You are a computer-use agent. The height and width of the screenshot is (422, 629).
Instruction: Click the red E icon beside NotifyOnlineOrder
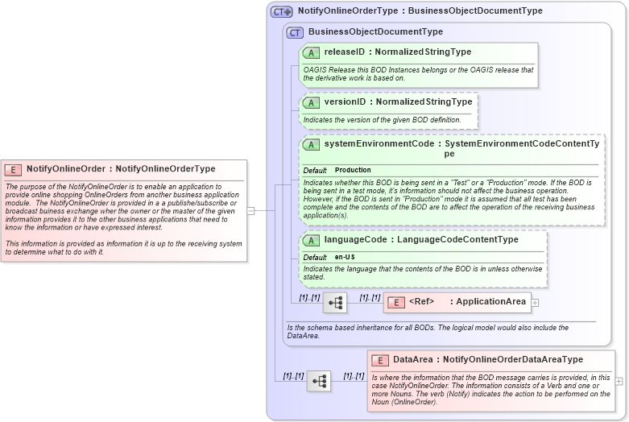pos(13,169)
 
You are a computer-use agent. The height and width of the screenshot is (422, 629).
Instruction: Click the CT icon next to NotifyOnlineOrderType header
pos(281,11)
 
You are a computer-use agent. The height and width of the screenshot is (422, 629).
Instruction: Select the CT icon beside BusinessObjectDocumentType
pos(295,32)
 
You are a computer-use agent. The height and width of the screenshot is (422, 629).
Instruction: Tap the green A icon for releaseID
pos(311,52)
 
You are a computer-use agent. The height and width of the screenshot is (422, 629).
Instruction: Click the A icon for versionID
pos(311,102)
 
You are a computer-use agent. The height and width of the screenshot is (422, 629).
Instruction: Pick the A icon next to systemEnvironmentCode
pos(311,144)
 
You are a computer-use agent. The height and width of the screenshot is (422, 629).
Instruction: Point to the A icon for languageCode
pos(311,240)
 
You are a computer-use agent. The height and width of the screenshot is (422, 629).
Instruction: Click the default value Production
pos(353,171)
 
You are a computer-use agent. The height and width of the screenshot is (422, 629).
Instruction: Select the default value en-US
pos(346,257)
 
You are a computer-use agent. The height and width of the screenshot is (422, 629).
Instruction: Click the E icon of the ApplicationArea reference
pos(395,303)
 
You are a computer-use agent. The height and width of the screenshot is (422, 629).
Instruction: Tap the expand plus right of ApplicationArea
pos(535,303)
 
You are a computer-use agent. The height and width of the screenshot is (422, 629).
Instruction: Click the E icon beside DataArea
pos(380,360)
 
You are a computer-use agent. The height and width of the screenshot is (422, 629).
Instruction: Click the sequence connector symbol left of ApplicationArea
pos(335,303)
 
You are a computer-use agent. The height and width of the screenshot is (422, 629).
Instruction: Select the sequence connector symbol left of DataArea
pos(319,381)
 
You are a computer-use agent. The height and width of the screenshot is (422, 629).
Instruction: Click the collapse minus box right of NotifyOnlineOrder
pos(250,211)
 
